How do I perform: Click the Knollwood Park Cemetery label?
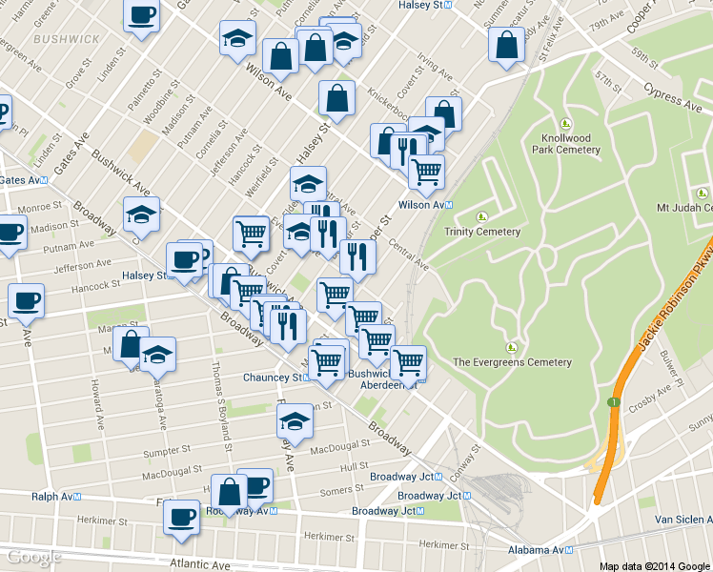565,144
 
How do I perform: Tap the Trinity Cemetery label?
482,232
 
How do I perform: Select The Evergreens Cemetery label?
512,362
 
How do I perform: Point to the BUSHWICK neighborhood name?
65,39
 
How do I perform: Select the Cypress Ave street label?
674,96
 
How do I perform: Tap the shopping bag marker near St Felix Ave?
507,45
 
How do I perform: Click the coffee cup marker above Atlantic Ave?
181,517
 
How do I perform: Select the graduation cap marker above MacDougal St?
295,419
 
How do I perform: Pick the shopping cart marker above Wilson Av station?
426,172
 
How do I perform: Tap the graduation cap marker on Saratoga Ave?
158,355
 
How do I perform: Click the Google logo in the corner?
35,557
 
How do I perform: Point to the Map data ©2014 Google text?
655,565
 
